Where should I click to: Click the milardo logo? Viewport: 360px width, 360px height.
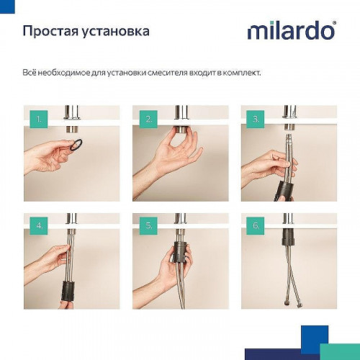(290, 31)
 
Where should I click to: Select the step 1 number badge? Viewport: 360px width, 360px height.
(40, 118)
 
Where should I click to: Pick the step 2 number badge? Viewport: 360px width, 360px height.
(149, 118)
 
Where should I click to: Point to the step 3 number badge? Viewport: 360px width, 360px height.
(256, 118)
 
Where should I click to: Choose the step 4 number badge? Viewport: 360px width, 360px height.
(40, 225)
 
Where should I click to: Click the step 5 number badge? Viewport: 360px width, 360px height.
(149, 225)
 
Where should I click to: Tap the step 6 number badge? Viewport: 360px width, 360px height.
(256, 225)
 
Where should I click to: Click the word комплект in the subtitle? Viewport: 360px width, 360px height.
(242, 73)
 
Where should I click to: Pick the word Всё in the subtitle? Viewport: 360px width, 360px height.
(30, 73)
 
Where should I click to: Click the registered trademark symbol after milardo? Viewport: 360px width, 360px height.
(333, 25)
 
